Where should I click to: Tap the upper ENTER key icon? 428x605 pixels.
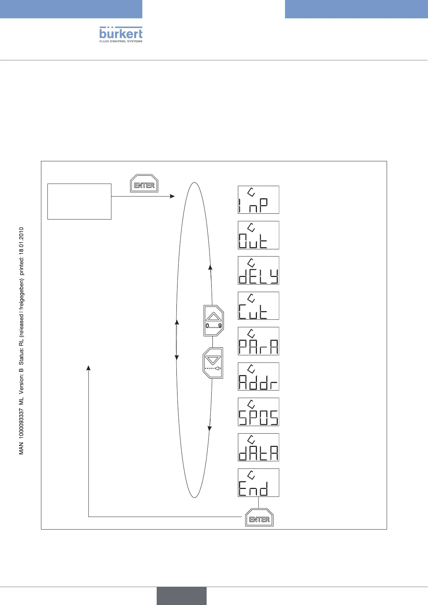[x=144, y=184]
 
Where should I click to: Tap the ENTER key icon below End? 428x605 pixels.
[x=259, y=518]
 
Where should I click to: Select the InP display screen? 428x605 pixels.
[x=258, y=200]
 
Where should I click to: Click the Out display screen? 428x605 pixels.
[x=258, y=235]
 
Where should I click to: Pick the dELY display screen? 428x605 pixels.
[x=258, y=270]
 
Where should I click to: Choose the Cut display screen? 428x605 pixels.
[x=258, y=306]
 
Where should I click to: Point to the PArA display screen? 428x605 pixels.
[x=258, y=341]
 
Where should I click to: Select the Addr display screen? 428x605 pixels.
[x=258, y=377]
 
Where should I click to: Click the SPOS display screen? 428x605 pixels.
[x=258, y=412]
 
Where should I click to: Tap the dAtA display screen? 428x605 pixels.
[x=258, y=447]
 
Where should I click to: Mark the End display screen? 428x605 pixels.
[x=258, y=482]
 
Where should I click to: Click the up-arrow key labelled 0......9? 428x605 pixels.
[x=213, y=320]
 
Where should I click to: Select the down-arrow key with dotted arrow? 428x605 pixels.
[x=213, y=362]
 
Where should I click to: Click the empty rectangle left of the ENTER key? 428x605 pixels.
[x=79, y=201]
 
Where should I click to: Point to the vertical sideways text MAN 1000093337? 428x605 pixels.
[x=22, y=341]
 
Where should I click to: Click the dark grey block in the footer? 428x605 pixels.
[x=181, y=596]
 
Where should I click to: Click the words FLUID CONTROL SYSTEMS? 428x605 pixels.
[x=121, y=41]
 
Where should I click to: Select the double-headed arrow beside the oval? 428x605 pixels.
[x=176, y=340]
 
